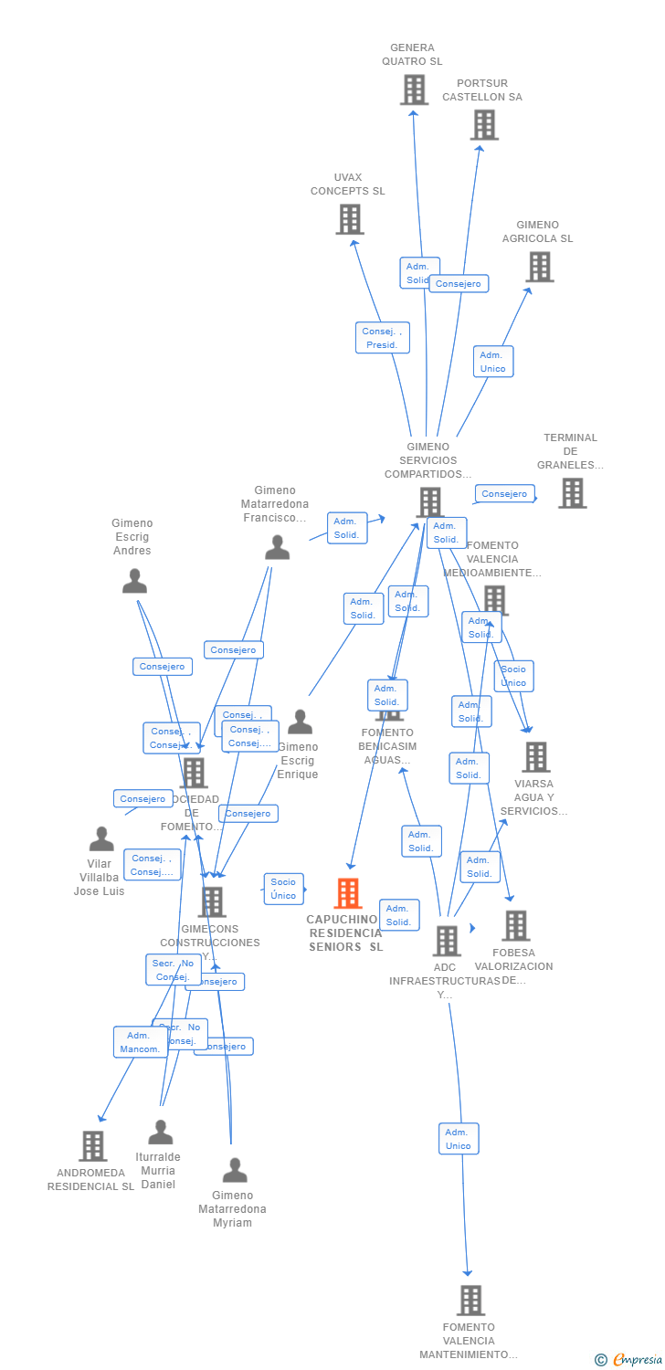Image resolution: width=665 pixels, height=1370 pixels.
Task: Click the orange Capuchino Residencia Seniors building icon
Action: [x=348, y=893]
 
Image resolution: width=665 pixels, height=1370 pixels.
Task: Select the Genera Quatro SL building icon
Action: [x=414, y=90]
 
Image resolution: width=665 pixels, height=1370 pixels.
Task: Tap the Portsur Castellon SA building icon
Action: [x=484, y=125]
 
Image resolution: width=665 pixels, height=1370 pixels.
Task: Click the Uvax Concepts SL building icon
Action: [x=350, y=219]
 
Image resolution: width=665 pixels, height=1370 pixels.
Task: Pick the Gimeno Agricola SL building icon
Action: [x=540, y=267]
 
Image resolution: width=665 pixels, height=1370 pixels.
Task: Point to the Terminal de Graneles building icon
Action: [x=573, y=493]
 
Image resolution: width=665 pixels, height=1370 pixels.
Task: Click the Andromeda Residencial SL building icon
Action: [x=93, y=1145]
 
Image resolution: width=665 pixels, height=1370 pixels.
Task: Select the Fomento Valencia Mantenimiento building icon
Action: [x=470, y=1300]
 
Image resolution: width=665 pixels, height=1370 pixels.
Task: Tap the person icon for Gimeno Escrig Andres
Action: [x=134, y=581]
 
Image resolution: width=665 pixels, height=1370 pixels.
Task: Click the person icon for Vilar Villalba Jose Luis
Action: [x=101, y=838]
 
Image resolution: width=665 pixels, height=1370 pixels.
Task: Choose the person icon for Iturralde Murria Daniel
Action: [x=161, y=1133]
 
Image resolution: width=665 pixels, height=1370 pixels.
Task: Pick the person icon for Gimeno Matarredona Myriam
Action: [x=235, y=1170]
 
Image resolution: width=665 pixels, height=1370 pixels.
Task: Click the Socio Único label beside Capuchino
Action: [x=283, y=889]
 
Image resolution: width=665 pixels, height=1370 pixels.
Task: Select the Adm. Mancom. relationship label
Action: [x=140, y=1042]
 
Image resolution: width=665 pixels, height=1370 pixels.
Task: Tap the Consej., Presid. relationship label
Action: [x=382, y=338]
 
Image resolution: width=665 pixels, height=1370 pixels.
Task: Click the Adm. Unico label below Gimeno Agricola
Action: [x=492, y=362]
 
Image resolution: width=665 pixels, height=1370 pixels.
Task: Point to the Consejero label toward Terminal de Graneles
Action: [x=504, y=494]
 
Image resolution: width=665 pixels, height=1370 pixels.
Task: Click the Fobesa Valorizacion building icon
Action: [x=516, y=925]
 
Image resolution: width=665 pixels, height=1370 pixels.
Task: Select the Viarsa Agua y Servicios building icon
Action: [x=535, y=756]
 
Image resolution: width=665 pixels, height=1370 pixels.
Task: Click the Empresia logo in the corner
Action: [x=629, y=1360]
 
